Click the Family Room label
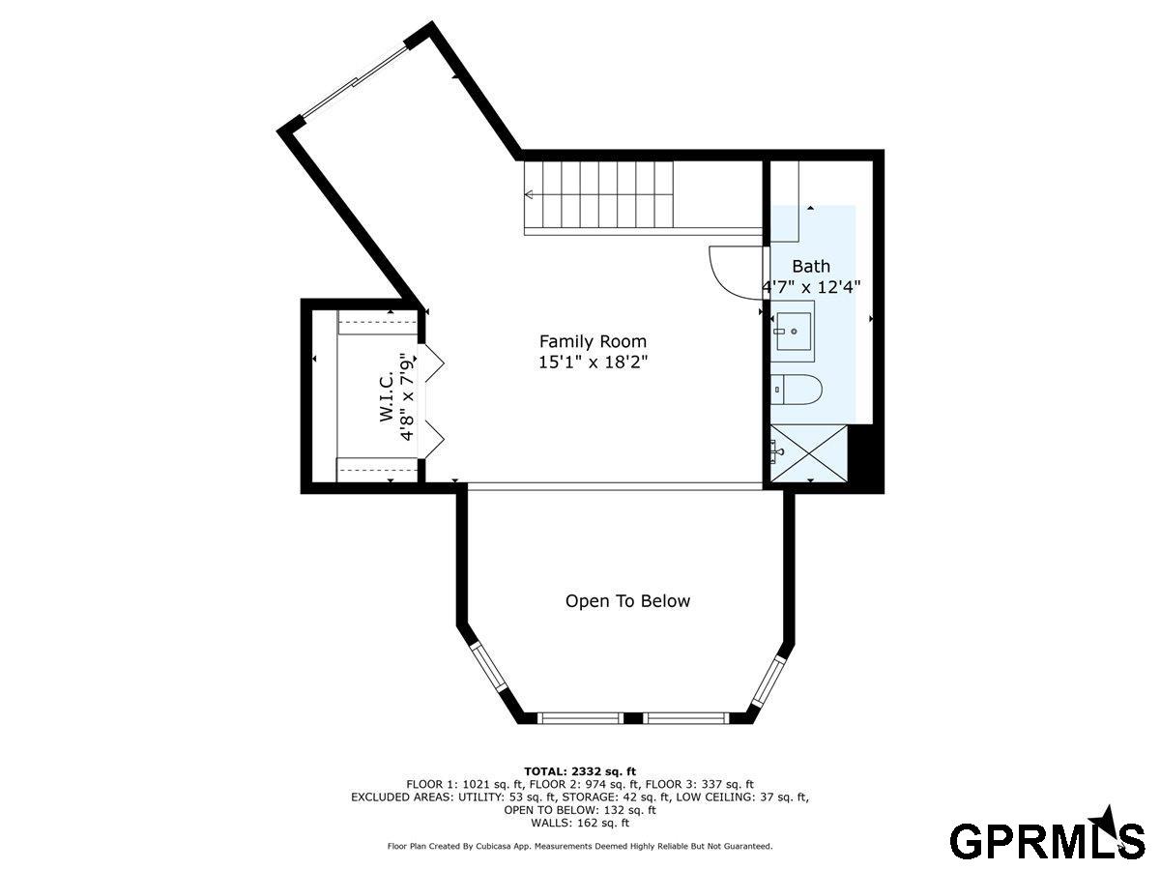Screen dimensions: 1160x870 tap(593, 342)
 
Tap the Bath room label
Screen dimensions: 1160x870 tap(811, 266)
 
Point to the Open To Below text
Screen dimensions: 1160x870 tap(627, 601)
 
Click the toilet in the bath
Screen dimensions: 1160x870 tap(796, 390)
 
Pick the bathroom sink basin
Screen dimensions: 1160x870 tap(794, 332)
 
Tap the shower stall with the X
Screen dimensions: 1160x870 tap(808, 453)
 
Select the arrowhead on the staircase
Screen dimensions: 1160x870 tap(528, 195)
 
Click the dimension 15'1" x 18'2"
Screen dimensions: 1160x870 tap(593, 362)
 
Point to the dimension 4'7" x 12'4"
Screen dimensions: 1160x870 tap(811, 287)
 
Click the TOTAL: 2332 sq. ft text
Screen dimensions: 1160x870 tap(580, 771)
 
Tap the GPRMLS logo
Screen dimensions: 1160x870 tap(1047, 838)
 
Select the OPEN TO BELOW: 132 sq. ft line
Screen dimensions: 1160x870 tap(580, 810)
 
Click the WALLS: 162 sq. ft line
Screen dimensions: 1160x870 tap(580, 823)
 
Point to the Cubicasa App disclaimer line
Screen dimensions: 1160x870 tap(580, 846)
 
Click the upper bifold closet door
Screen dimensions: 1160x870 tap(434, 362)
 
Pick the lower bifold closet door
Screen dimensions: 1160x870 tap(434, 439)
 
